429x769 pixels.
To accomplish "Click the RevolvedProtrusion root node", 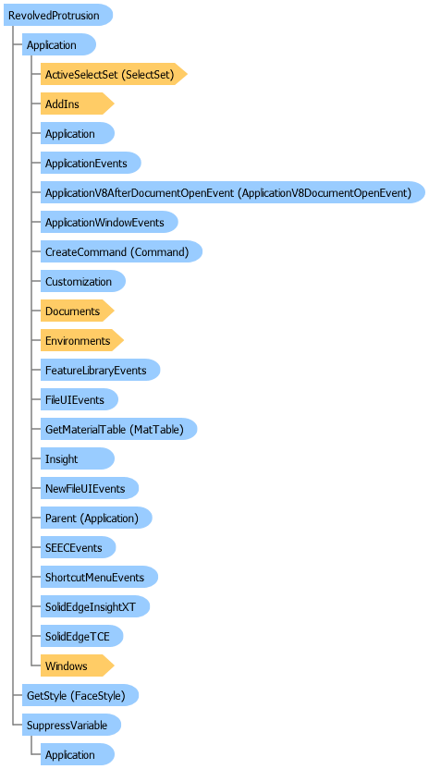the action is (x=58, y=15).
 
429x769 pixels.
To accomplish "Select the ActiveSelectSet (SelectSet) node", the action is (x=114, y=74).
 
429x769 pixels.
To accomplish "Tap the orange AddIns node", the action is (x=77, y=104).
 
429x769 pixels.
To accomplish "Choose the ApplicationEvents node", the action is (x=91, y=163).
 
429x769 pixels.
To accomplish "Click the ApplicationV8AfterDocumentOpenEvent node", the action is (x=233, y=192).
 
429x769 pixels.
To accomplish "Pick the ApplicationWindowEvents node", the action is (x=109, y=222).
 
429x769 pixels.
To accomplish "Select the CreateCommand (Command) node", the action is (x=121, y=251).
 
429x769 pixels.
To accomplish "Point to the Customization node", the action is (x=83, y=281).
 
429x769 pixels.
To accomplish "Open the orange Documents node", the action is (x=77, y=311).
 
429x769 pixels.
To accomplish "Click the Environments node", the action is (x=82, y=340).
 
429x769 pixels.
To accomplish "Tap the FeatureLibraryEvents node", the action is (x=100, y=370).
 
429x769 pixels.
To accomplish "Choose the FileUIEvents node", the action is (x=79, y=399).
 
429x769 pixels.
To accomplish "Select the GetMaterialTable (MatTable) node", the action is (x=118, y=429).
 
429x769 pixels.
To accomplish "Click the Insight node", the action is (x=78, y=458).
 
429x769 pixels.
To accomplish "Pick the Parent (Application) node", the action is (x=96, y=518).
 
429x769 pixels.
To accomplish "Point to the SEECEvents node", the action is (x=78, y=547).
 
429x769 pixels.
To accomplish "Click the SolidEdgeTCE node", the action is (x=81, y=636).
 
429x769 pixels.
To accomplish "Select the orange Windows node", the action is (x=77, y=665).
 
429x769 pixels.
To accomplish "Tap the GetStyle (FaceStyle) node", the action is (x=80, y=695).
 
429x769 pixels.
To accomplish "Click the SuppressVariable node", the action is (x=72, y=725).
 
